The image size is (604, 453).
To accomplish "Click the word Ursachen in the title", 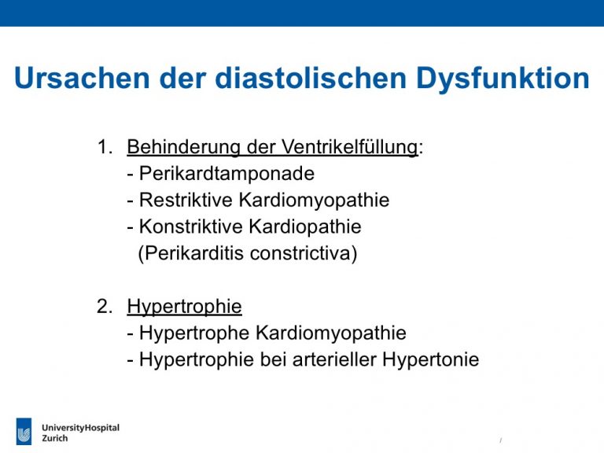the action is point(82,78).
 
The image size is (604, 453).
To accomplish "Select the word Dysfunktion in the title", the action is point(503,79).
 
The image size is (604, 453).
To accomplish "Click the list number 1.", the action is point(105,147).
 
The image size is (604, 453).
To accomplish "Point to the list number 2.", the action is point(105,306).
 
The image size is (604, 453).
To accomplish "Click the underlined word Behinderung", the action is point(184,147).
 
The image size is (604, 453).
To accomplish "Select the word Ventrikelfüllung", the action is point(349,147).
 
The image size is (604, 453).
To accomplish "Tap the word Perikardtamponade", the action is point(226,174).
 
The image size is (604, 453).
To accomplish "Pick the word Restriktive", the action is point(186,200).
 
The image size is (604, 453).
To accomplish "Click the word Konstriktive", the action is point(190,226).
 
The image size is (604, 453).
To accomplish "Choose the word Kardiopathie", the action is point(305,226).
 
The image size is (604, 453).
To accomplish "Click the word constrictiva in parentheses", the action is point(304,253).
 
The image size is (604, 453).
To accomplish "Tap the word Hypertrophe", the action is point(194,333).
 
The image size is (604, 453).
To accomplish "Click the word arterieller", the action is point(334,359).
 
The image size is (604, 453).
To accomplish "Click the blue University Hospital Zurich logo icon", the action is point(24,431).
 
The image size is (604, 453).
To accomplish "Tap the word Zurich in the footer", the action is point(55,438).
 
